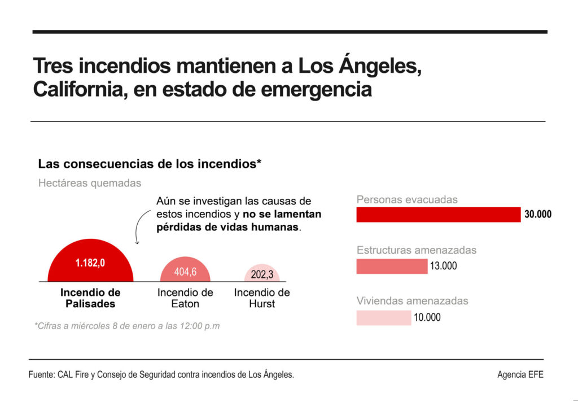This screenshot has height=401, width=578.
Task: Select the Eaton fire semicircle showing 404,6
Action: (185, 271)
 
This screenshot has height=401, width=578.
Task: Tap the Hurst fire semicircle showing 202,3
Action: (262, 274)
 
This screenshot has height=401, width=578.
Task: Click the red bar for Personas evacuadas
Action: (438, 215)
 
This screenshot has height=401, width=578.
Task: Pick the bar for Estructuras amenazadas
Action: (392, 266)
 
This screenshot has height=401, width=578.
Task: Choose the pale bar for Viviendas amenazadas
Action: (383, 317)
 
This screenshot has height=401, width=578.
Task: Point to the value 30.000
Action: (538, 215)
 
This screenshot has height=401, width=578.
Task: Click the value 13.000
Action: (444, 266)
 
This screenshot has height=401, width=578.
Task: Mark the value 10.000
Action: (427, 317)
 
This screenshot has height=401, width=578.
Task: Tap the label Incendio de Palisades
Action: (90, 298)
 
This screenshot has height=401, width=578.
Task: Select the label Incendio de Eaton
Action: (185, 298)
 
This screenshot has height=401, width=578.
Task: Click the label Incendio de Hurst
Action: (262, 298)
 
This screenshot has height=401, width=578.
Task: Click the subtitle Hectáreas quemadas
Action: (90, 183)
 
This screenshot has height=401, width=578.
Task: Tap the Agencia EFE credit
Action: (520, 374)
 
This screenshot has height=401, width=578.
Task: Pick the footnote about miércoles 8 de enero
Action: (127, 326)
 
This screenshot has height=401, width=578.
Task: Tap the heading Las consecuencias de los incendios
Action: (150, 164)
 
